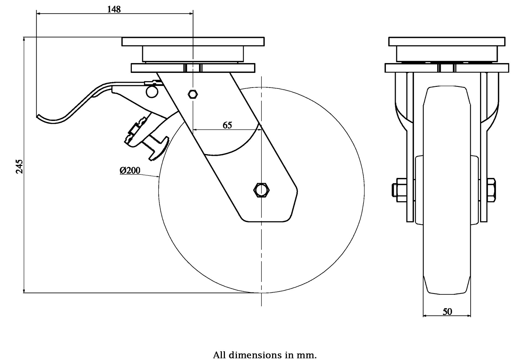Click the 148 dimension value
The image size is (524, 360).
[114, 9]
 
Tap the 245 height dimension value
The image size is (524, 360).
[19, 166]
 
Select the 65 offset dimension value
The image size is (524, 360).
[227, 125]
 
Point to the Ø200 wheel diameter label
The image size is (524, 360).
[130, 171]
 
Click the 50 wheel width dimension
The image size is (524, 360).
[447, 312]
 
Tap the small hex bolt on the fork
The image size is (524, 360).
[193, 94]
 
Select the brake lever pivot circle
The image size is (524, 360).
[152, 92]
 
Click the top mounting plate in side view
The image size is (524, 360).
[193, 41]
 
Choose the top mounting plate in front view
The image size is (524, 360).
[447, 41]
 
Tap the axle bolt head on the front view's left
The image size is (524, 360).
[394, 190]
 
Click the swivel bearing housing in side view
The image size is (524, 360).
[193, 54]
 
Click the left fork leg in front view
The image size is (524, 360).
[410, 147]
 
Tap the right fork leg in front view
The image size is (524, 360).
[484, 147]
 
